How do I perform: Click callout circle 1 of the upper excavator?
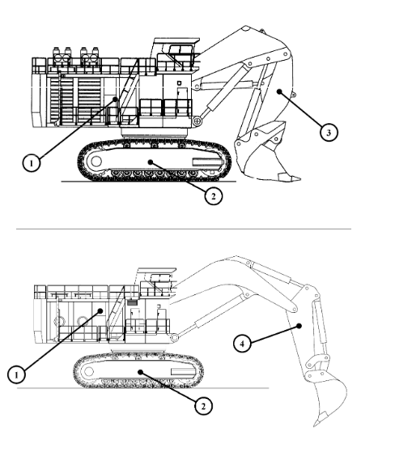pos(32,163)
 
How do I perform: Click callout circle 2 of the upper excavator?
pos(213,196)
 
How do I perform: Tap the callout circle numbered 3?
pos(329,132)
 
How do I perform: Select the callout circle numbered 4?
pos(242,344)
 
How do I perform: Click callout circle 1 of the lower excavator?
pos(16,375)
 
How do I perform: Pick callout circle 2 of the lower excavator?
pos(203,406)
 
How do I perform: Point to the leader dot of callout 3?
pos(279,92)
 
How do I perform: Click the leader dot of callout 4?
pos(299,326)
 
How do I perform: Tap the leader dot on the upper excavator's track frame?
pos(151,162)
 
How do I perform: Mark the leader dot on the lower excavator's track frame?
pos(140,372)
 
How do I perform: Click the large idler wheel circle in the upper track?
pos(96,161)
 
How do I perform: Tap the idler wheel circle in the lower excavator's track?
pos(89,371)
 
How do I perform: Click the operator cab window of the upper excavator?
pos(181,49)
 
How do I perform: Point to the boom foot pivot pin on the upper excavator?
pos(197,121)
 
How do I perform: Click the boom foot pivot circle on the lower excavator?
pos(174,337)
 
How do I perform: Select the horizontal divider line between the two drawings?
pos(184,229)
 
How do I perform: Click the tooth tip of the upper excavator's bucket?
pos(299,178)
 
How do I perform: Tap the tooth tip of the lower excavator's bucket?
pos(315,426)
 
